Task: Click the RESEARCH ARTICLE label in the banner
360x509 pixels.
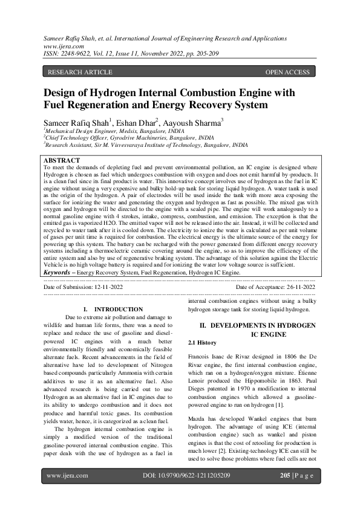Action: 80,73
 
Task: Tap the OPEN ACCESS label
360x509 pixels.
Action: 287,73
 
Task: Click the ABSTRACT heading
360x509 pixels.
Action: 62,161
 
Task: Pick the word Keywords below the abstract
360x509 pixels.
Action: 58,273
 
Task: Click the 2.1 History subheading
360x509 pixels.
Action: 203,343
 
